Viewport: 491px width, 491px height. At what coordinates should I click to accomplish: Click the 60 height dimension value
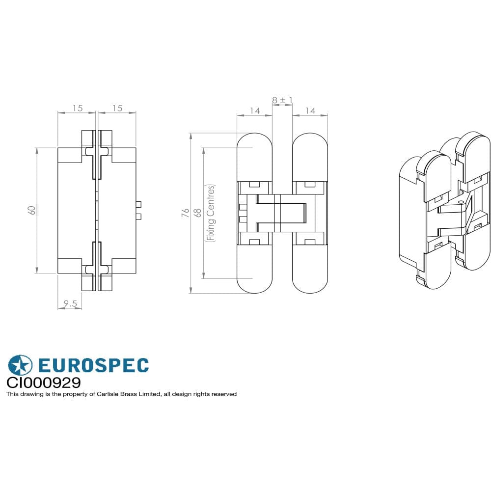pyautogui.click(x=31, y=210)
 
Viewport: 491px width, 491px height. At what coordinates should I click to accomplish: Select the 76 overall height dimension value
pyautogui.click(x=185, y=213)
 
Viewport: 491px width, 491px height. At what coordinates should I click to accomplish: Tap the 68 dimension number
pyautogui.click(x=198, y=213)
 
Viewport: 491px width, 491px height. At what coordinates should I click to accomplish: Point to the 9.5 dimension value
pyautogui.click(x=70, y=304)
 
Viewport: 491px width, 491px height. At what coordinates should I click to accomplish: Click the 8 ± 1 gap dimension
pyautogui.click(x=282, y=100)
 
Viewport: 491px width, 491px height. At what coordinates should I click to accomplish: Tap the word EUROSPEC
pyautogui.click(x=93, y=366)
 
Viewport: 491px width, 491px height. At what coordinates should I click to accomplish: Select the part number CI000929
pyautogui.click(x=43, y=382)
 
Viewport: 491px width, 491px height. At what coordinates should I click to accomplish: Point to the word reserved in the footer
pyautogui.click(x=224, y=394)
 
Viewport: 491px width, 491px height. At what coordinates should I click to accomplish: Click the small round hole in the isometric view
pyautogui.click(x=461, y=202)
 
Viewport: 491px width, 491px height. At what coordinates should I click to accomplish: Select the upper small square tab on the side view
pyautogui.click(x=139, y=204)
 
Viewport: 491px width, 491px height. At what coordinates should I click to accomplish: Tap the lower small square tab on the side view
pyautogui.click(x=139, y=217)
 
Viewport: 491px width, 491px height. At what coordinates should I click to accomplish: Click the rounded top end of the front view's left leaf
pyautogui.click(x=254, y=147)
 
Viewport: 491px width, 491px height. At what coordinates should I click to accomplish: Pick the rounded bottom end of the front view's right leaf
pyautogui.click(x=310, y=280)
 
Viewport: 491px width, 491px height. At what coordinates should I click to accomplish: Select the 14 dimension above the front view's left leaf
pyautogui.click(x=254, y=111)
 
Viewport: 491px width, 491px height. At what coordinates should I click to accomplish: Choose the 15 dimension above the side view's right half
pyautogui.click(x=117, y=108)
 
